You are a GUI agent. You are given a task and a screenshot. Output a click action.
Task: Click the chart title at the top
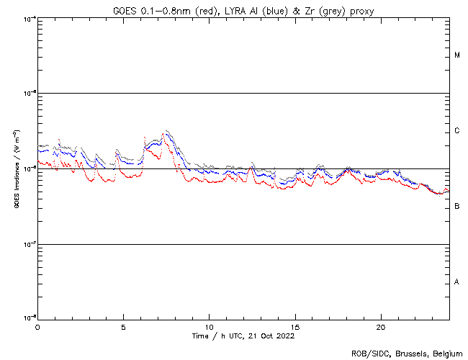pos(243,10)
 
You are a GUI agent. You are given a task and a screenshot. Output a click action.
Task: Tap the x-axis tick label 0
pos(37,326)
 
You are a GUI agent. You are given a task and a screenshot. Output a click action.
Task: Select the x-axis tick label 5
pos(123,326)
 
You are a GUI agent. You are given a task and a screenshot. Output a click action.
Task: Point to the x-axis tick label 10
pos(209,326)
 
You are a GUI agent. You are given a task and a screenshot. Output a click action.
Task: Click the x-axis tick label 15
pos(294,326)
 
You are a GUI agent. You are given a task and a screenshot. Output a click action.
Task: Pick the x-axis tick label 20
pos(380,326)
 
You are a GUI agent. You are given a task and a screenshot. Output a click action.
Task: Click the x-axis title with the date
pos(243,336)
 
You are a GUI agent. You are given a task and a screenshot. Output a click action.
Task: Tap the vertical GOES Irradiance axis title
pos(16,169)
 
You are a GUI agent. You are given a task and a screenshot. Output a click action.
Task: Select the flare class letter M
pos(457,55)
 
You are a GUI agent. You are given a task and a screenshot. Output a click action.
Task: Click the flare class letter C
pos(457,131)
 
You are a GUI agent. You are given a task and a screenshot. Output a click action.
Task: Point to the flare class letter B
pos(457,207)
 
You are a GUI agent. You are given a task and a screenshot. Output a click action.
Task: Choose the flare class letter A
pos(457,282)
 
